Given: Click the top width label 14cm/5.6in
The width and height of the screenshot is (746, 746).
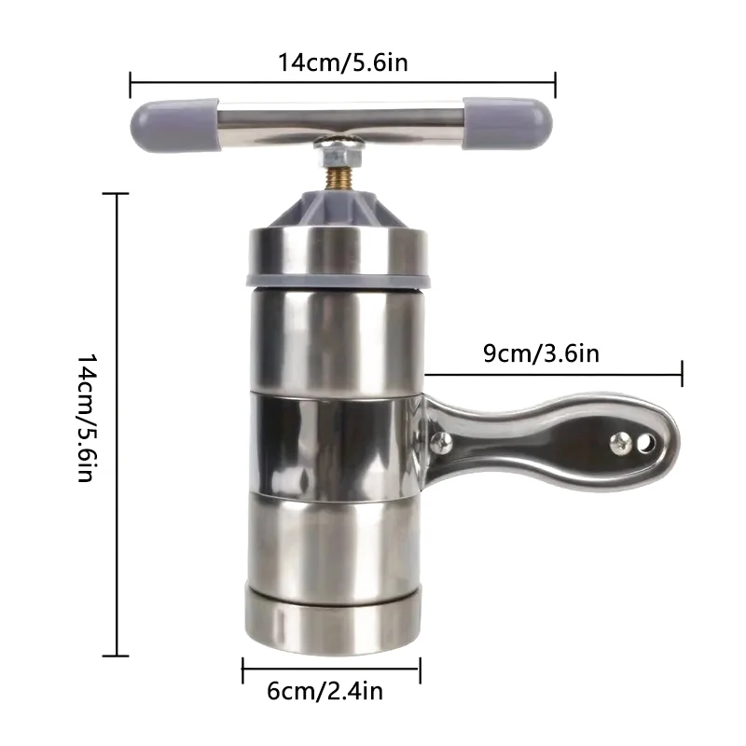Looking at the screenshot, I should (x=343, y=62).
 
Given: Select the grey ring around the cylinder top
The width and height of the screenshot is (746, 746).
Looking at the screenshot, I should (x=338, y=278).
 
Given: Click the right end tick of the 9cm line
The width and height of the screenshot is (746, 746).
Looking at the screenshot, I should (x=683, y=374).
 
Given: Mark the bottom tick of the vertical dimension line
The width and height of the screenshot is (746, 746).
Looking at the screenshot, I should (x=116, y=656).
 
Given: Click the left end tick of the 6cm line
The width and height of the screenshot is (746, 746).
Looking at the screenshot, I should (x=243, y=669).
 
